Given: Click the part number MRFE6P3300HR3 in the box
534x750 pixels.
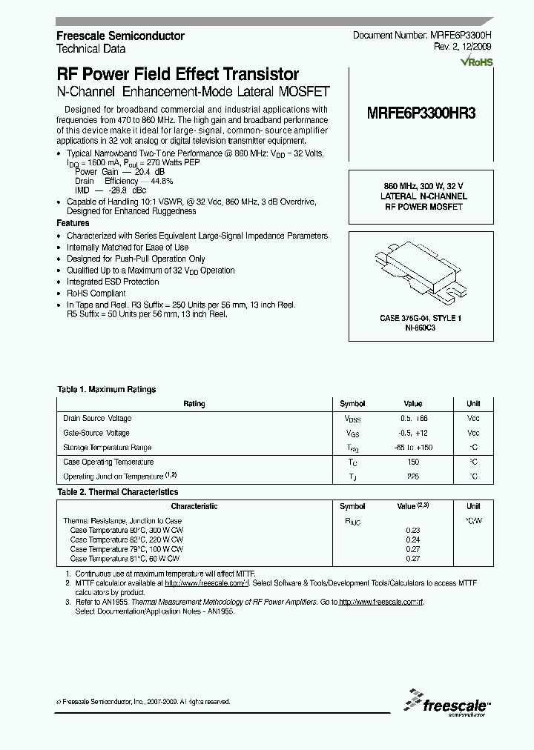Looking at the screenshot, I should (x=421, y=115).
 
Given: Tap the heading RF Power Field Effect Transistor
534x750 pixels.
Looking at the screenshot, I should (x=178, y=74).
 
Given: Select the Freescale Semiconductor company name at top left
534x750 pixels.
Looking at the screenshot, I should (x=120, y=36).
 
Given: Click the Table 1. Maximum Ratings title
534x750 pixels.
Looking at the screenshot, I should (x=107, y=389).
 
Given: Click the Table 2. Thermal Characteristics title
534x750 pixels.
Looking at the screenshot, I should (x=118, y=491).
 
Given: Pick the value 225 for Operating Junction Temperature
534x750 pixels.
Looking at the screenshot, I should (x=412, y=477).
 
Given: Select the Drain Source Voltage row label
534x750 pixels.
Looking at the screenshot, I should (x=97, y=418).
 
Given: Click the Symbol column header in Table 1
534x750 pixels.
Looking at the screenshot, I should (x=352, y=404).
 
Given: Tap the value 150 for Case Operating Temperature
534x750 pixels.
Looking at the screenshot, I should (x=412, y=462).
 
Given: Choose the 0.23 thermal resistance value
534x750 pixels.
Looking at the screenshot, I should (x=412, y=530).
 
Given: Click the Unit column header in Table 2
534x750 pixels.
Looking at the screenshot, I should (x=473, y=506).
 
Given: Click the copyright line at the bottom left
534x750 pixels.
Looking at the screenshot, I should (x=144, y=701).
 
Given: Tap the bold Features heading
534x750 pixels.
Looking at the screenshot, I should (x=73, y=223).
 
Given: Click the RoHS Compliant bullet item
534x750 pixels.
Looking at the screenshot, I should (x=96, y=293).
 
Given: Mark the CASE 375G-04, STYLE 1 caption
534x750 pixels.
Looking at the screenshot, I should (x=421, y=318).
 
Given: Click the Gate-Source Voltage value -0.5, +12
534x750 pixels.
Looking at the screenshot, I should (x=412, y=433).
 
